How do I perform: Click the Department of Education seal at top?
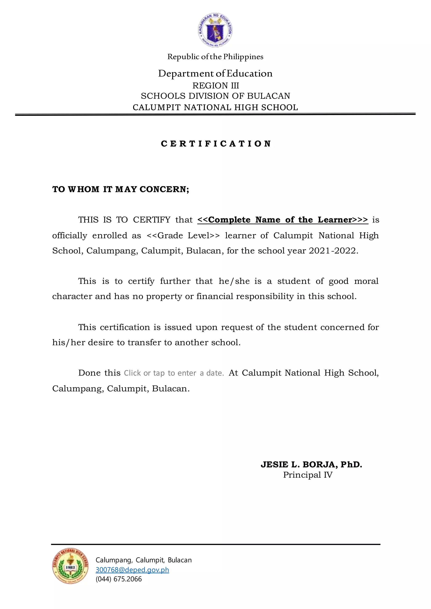click(x=215, y=30)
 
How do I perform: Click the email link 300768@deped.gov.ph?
click(x=132, y=569)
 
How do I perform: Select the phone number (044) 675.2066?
click(x=119, y=579)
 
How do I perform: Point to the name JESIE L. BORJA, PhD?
click(x=311, y=465)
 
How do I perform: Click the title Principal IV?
click(x=308, y=475)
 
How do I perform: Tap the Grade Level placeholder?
click(x=183, y=235)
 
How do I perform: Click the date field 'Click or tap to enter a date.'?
click(x=174, y=373)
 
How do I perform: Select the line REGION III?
click(x=215, y=85)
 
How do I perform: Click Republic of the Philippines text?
click(x=215, y=57)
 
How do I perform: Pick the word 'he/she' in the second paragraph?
click(x=234, y=281)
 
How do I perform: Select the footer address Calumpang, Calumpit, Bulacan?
click(x=143, y=560)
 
